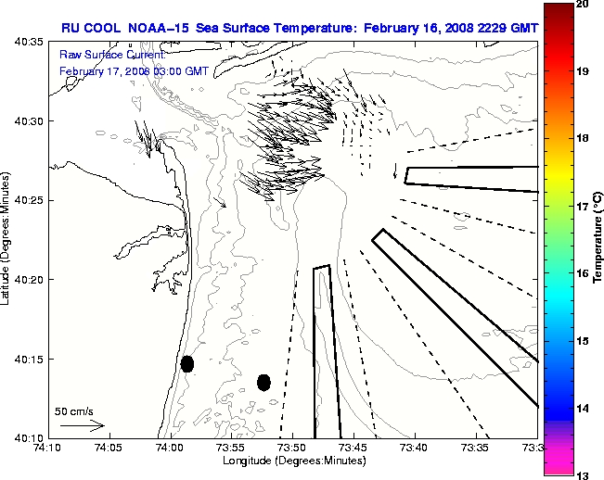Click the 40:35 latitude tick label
24,43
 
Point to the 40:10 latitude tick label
24,437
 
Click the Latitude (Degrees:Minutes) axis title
7,239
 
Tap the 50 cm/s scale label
73,411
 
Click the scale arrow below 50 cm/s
82,425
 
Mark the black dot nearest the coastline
187,363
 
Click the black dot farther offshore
263,382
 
